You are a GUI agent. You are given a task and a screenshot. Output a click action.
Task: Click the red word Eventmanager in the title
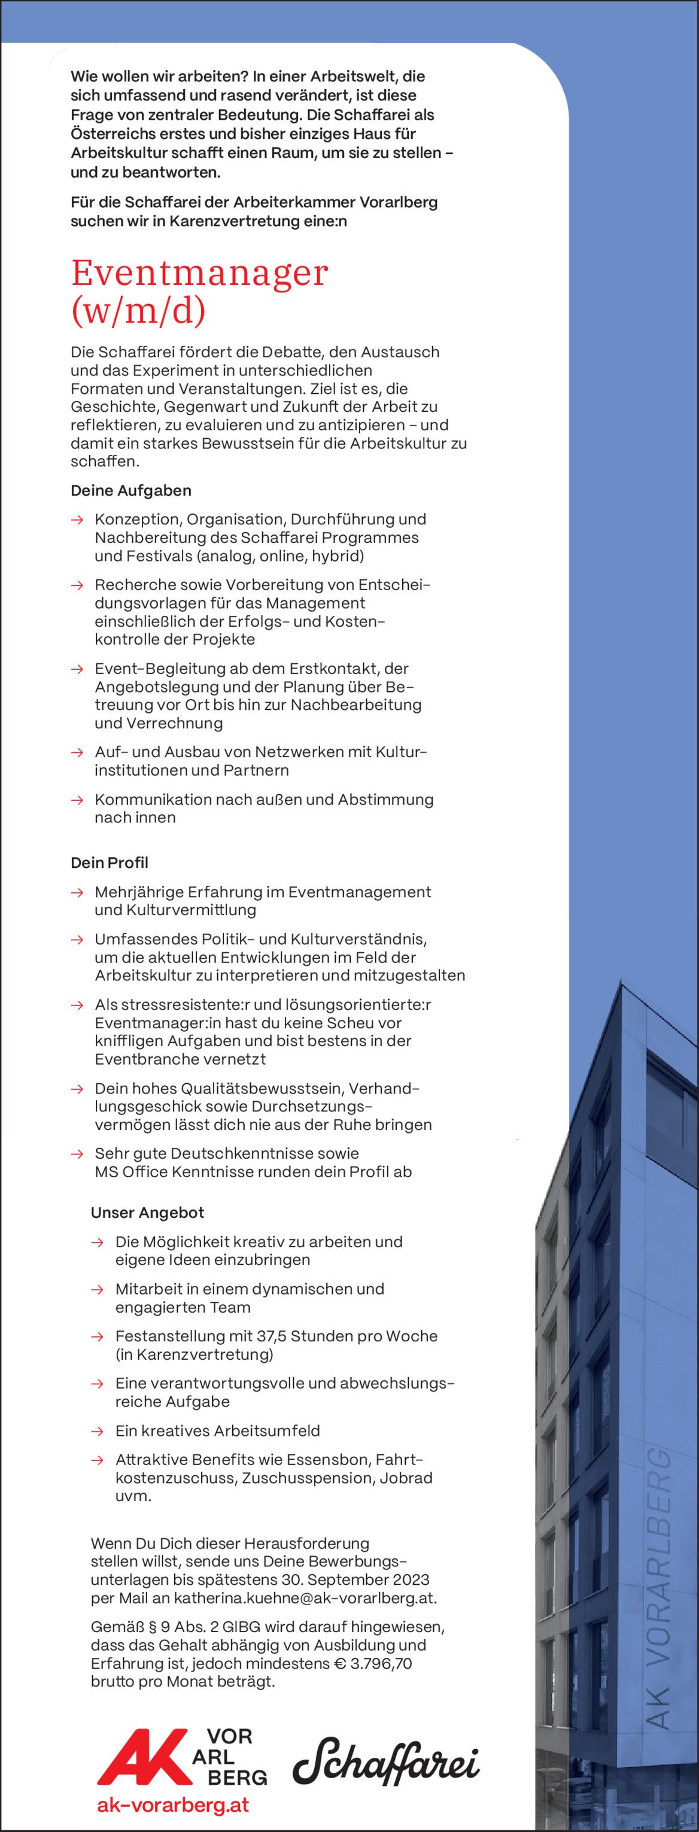[x=199, y=273]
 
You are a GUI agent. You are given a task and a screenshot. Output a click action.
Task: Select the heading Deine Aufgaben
[x=131, y=491]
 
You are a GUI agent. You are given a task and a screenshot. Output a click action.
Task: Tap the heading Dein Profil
[x=110, y=862]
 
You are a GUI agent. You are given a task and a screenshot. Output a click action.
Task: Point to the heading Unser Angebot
[x=147, y=1213]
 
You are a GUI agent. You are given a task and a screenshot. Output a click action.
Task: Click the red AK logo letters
[x=139, y=1757]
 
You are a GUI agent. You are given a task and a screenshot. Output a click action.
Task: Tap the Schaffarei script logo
[x=386, y=1760]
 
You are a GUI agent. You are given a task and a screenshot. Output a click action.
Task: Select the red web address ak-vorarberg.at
[x=173, y=1804]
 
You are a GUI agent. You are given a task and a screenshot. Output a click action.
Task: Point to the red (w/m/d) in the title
[x=138, y=311]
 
